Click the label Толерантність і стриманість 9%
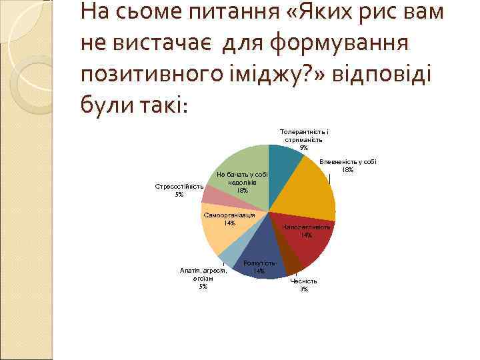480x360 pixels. coord(304,139)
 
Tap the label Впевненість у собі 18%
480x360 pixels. coord(348,165)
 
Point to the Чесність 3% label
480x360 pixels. coord(304,285)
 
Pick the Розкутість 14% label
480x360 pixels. coord(259,267)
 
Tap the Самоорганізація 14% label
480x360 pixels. coord(229,219)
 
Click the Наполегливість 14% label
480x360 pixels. coord(307,231)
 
